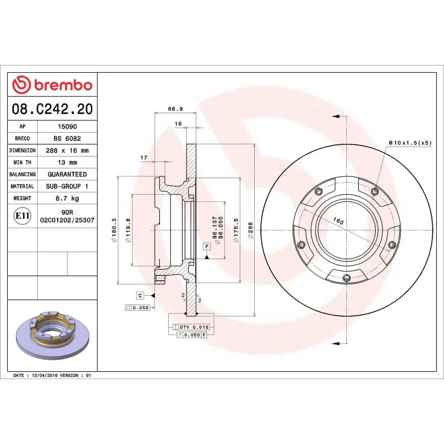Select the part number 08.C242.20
tap(52, 109)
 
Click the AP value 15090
tap(67, 127)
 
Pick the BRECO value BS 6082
tap(67, 138)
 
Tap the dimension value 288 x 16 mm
tap(67, 150)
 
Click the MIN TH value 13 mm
tap(67, 163)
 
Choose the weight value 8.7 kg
tap(67, 198)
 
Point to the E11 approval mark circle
tap(22, 215)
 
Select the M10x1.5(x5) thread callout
tap(410, 143)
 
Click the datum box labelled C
tap(140, 295)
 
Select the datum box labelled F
tap(206, 246)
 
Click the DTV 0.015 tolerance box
tap(190, 327)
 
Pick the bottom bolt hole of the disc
tap(346, 279)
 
